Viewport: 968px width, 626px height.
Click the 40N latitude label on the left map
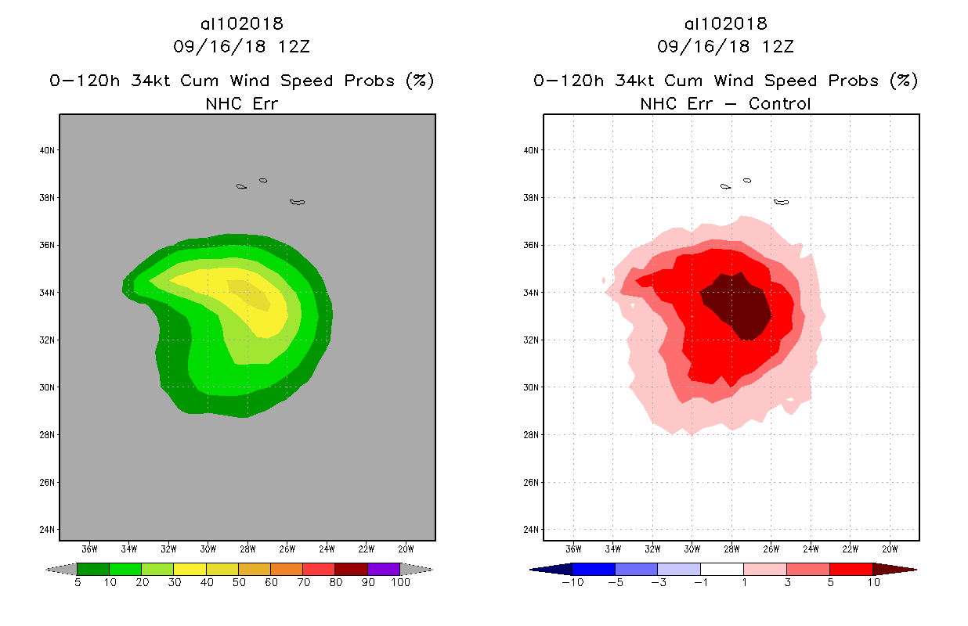click(48, 150)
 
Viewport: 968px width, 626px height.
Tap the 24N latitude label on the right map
click(532, 530)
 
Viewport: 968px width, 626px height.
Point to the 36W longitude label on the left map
click(89, 548)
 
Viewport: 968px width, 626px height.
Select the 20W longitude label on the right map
click(890, 548)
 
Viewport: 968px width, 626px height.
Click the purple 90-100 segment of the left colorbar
click(384, 569)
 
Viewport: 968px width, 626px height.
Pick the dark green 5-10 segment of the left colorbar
click(93, 569)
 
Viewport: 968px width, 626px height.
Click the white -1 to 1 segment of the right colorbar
click(721, 569)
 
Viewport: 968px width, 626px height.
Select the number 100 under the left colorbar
click(401, 583)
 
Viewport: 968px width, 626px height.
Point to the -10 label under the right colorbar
click(572, 583)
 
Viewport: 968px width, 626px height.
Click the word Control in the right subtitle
click(780, 103)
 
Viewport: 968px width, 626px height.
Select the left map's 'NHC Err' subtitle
click(241, 103)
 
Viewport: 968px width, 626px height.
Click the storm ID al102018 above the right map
click(725, 24)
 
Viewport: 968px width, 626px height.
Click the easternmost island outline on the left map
click(297, 202)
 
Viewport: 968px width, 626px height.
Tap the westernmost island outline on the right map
click(725, 186)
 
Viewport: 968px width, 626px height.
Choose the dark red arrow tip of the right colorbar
click(901, 569)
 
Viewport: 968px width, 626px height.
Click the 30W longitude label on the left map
click(208, 548)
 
